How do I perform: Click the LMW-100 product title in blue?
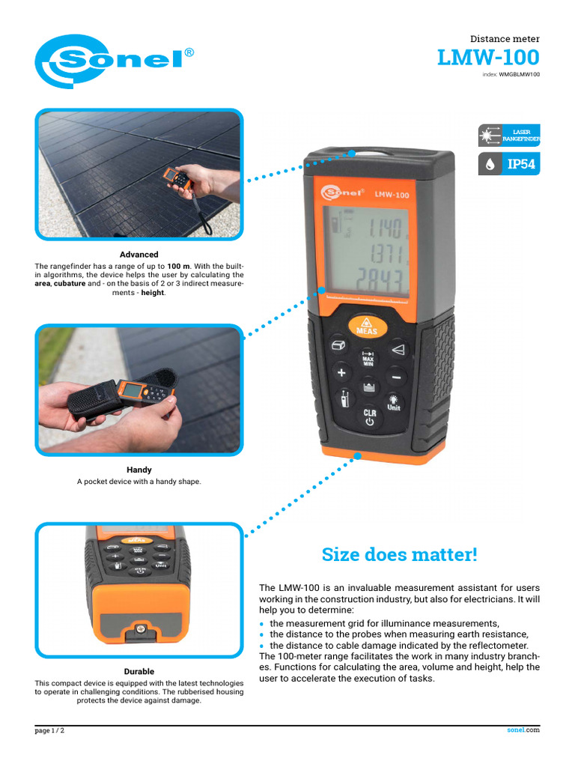click(487, 58)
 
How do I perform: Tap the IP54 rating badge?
click(509, 164)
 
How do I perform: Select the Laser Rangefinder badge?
click(509, 135)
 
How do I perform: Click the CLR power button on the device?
click(370, 417)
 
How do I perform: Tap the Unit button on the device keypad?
click(393, 403)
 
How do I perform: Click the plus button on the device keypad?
click(341, 372)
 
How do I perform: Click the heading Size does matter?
click(399, 555)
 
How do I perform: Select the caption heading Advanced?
click(139, 255)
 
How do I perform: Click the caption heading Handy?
click(139, 470)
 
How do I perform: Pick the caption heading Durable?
click(139, 671)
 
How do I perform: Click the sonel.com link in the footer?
click(523, 730)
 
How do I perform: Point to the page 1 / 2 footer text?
click(50, 730)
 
